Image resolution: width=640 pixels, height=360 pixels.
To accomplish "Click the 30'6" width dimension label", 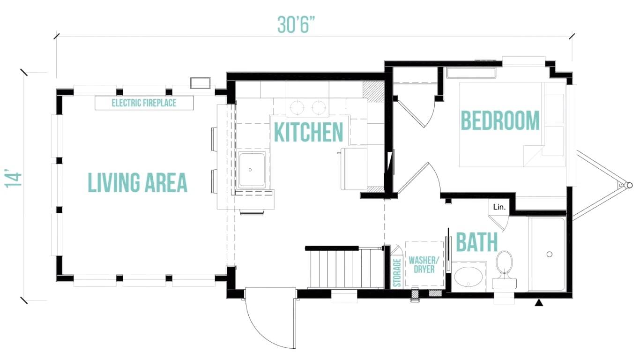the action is coord(296,25).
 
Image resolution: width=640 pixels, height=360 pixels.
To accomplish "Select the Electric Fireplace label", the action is coord(144,103).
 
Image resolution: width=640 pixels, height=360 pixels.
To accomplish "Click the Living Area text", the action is coord(137,182).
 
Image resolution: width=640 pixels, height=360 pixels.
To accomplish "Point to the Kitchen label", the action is coord(309,132).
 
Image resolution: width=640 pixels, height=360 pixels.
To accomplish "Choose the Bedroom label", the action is coord(500,120).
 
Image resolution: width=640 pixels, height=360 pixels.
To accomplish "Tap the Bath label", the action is coord(477,242).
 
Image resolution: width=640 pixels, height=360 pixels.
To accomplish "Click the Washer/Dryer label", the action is coord(424,265).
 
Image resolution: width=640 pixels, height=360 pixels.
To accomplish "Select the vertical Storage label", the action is coord(397,272).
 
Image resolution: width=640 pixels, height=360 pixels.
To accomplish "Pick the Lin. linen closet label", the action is coord(499,207).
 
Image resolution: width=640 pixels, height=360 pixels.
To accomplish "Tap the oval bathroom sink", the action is coord(468,277).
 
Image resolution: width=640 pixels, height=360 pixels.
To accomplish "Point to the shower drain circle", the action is coord(549,254).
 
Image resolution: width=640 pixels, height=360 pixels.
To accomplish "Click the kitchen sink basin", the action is coord(252,170).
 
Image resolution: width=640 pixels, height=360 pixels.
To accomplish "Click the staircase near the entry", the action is coord(345,267).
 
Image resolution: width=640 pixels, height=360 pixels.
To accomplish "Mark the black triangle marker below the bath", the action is coord(539,302).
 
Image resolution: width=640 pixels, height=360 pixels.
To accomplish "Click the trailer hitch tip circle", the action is coord(629,185).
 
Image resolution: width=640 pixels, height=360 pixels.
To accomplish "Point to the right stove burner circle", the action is coord(319,107).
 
